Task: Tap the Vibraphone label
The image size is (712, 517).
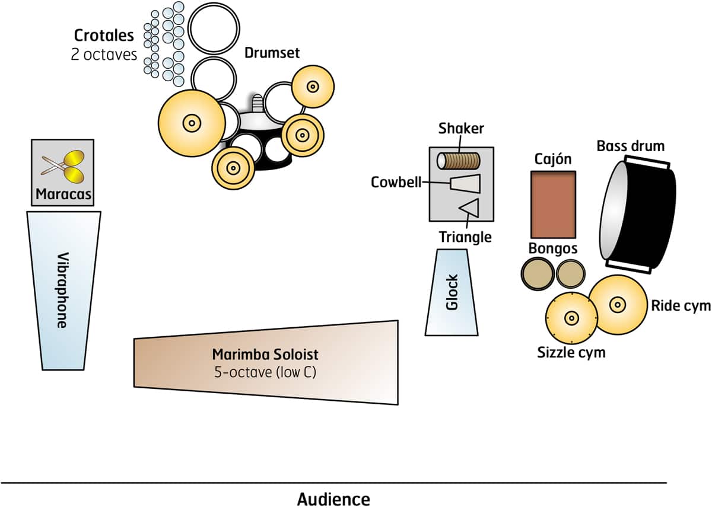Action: tap(62, 291)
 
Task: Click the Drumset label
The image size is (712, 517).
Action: tap(272, 53)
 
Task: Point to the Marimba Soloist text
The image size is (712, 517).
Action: tap(265, 355)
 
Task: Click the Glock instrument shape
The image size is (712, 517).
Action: tap(452, 292)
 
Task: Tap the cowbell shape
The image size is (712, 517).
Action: tap(463, 184)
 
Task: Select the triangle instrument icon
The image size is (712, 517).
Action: tap(470, 209)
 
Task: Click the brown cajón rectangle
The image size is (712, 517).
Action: tap(553, 205)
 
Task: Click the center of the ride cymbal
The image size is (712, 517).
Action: tap(618, 305)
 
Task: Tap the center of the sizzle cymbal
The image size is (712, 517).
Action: tap(571, 318)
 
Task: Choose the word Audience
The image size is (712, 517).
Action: tap(333, 499)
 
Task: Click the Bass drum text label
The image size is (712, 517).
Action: tap(631, 145)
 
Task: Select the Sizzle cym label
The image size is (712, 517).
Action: tap(571, 353)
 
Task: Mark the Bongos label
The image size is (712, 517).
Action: tap(553, 248)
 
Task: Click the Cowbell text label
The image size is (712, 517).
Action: tap(396, 182)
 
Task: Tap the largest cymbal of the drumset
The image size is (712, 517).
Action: tap(192, 123)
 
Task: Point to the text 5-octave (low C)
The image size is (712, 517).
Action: tap(265, 373)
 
